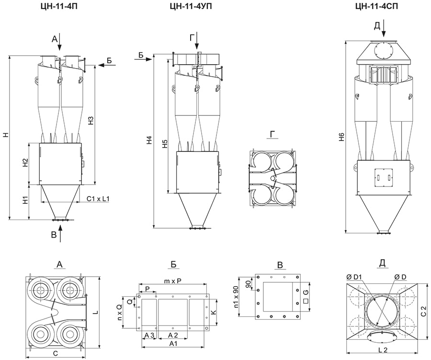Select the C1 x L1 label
tap(97, 198)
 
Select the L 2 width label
tap(383, 350)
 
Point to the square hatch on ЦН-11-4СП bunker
tap(383, 176)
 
